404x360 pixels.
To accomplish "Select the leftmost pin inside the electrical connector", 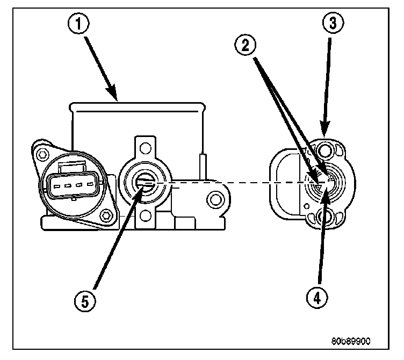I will tap(55, 186).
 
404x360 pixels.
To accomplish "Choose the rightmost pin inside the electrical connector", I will tap(86, 186).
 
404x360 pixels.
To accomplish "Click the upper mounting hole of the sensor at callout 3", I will tap(324, 149).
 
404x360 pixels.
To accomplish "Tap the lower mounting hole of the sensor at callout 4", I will tap(324, 218).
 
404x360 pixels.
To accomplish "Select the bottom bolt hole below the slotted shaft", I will tap(143, 217).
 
